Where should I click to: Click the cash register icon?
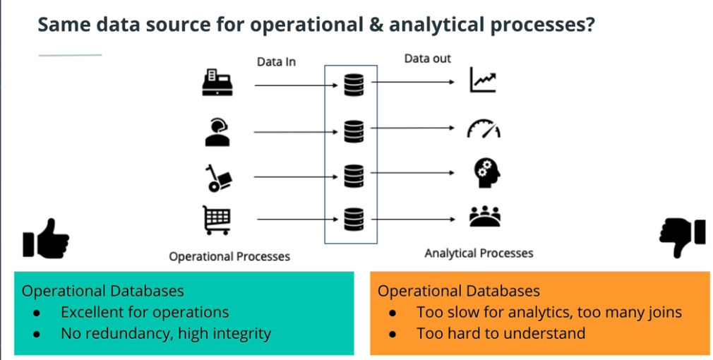click(x=217, y=83)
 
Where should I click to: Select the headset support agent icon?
click(x=217, y=131)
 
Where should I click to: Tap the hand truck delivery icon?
click(x=217, y=177)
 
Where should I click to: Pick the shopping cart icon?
click(x=217, y=220)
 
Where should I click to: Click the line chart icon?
click(x=484, y=82)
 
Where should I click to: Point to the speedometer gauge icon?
click(x=484, y=129)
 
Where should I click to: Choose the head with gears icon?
click(x=485, y=174)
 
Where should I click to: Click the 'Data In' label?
click(x=276, y=62)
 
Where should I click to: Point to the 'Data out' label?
click(x=428, y=59)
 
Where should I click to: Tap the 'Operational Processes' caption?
click(x=229, y=256)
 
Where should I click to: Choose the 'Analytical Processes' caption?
click(x=479, y=253)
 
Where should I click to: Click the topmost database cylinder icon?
click(x=352, y=85)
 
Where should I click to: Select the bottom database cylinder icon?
click(x=352, y=220)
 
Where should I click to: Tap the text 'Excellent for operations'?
click(x=145, y=312)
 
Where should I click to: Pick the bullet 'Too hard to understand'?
click(x=501, y=332)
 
